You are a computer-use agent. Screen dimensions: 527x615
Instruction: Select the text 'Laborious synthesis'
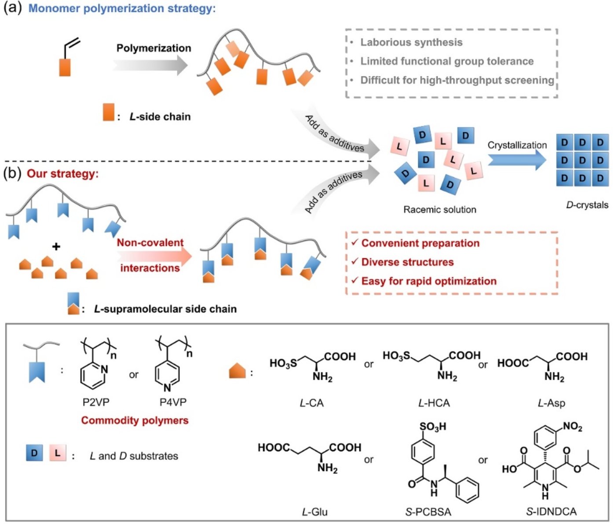[411, 42]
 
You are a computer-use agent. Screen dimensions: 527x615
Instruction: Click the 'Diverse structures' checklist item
[407, 262]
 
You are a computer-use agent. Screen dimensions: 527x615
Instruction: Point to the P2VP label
[96, 402]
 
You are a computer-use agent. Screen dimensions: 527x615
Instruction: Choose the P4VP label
[173, 402]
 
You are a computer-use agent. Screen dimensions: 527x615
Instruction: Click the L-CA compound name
[311, 403]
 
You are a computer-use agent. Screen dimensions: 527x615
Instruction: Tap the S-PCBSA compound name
[428, 512]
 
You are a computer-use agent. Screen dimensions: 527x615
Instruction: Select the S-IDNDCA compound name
[551, 512]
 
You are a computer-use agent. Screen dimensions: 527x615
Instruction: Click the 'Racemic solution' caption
[439, 210]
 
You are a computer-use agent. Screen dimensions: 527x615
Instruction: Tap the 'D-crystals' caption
[587, 205]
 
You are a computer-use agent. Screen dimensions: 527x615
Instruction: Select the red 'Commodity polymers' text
[135, 420]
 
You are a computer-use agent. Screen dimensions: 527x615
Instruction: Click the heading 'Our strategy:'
[62, 174]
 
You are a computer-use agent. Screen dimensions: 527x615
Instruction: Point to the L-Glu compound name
[315, 512]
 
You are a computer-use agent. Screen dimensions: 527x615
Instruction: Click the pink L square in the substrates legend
[58, 453]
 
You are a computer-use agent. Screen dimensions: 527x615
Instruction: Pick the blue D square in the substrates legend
[34, 453]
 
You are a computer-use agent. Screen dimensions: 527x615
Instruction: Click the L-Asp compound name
[551, 403]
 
